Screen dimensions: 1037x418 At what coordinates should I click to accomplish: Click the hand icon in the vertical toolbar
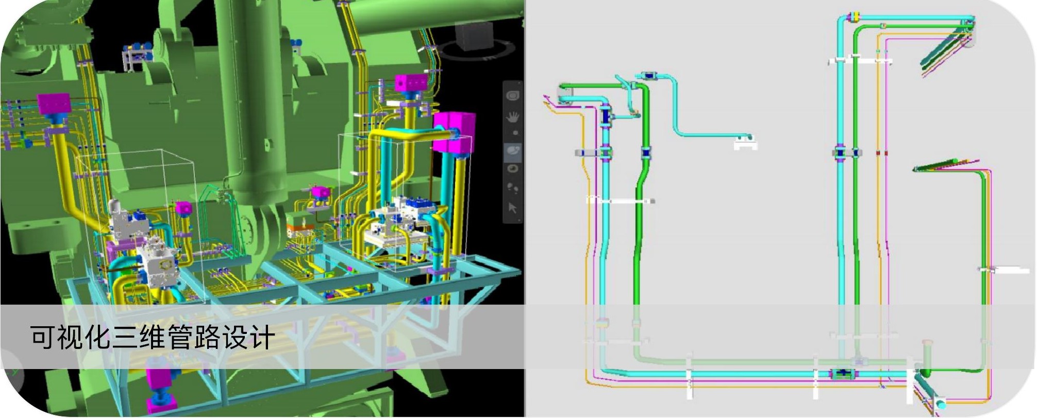click(513, 117)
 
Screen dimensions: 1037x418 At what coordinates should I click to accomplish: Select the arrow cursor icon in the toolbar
click(512, 208)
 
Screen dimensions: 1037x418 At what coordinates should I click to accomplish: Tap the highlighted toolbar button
click(513, 152)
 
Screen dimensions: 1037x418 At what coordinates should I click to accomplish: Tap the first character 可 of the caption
click(43, 338)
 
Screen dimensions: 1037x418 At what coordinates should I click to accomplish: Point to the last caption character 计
click(262, 338)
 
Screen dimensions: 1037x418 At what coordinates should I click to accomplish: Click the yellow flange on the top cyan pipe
click(854, 18)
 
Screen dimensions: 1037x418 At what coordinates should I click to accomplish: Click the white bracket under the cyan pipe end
click(745, 145)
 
